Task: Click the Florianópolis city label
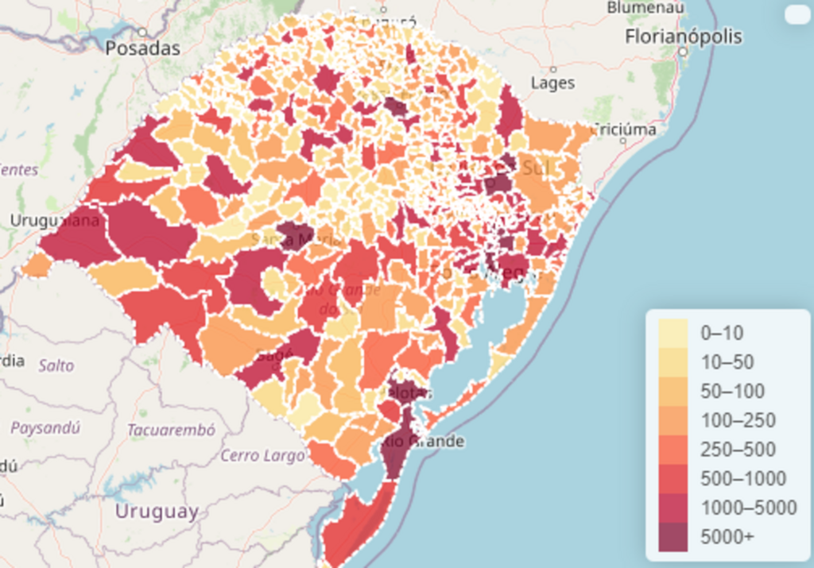683,37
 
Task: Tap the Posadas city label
143,48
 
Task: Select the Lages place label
552,83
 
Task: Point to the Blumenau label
645,7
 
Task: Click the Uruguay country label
157,512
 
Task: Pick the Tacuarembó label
171,431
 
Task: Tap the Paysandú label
45,427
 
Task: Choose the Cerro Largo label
262,456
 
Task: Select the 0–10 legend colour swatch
673,333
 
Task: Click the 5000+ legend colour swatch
673,537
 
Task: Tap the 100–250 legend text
738,420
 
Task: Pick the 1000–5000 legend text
748,508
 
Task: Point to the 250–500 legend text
738,450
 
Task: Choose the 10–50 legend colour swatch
673,362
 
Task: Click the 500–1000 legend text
742,479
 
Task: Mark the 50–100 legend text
732,392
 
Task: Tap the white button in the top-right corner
796,15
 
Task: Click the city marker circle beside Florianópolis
683,52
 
